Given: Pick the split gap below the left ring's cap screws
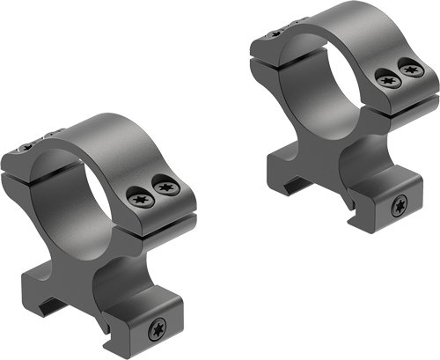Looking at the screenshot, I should click(158, 214).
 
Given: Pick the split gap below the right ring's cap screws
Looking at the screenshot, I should click(400, 95).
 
